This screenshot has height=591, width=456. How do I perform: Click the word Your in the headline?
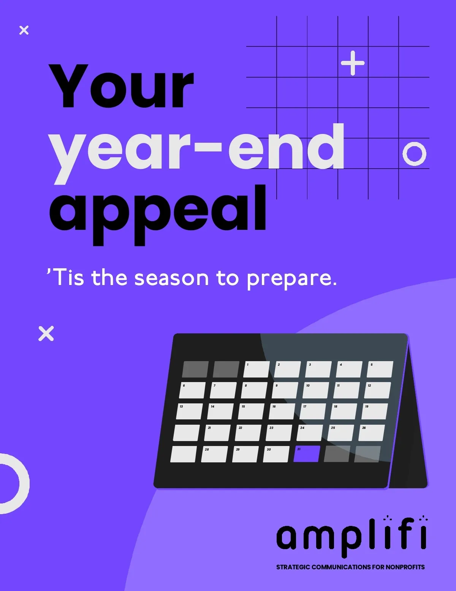pyautogui.click(x=121, y=86)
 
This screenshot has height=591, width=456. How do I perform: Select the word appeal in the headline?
pyautogui.click(x=158, y=215)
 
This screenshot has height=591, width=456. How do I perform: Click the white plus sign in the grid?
pyautogui.click(x=353, y=63)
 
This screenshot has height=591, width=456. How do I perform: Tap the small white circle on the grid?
pyautogui.click(x=414, y=154)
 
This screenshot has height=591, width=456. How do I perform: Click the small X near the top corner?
pyautogui.click(x=24, y=30)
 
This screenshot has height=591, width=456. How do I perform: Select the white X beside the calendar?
pyautogui.click(x=46, y=333)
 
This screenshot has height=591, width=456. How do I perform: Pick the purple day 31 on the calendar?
pyautogui.click(x=307, y=454)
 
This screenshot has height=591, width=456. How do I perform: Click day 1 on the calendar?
pyautogui.click(x=256, y=369)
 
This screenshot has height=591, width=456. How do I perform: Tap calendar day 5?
pyautogui.click(x=380, y=369)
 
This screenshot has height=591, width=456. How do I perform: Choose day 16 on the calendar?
pyautogui.click(x=282, y=411)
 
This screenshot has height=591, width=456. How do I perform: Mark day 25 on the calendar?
pyautogui.click(x=341, y=432)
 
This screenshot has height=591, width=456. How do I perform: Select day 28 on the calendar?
pyautogui.click(x=214, y=454)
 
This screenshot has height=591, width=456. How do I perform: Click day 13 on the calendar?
pyautogui.click(x=189, y=411)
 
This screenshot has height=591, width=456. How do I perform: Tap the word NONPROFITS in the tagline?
pyautogui.click(x=405, y=567)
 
